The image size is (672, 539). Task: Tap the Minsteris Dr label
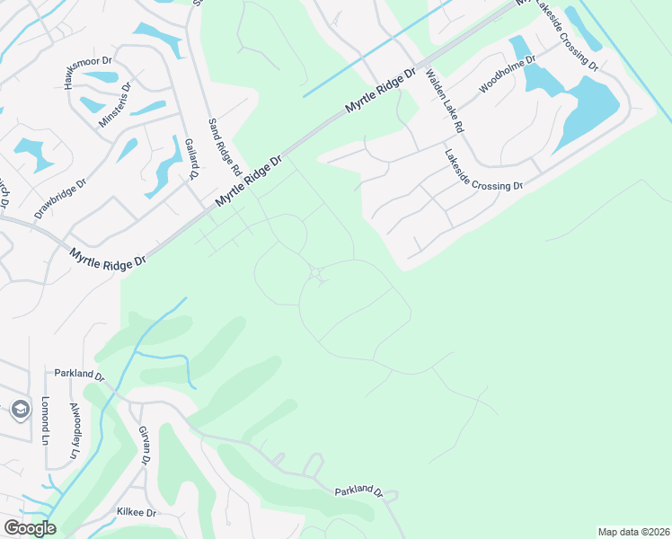(114, 105)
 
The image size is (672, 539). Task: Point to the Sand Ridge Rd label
(225, 146)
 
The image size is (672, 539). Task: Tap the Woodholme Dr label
(508, 74)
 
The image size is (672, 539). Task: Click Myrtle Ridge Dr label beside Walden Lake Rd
(382, 92)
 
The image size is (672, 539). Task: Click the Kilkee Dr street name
(137, 512)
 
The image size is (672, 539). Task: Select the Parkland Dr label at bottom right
(359, 492)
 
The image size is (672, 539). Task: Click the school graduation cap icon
(21, 411)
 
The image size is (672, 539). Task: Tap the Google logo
(30, 528)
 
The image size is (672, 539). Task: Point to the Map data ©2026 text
(633, 532)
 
